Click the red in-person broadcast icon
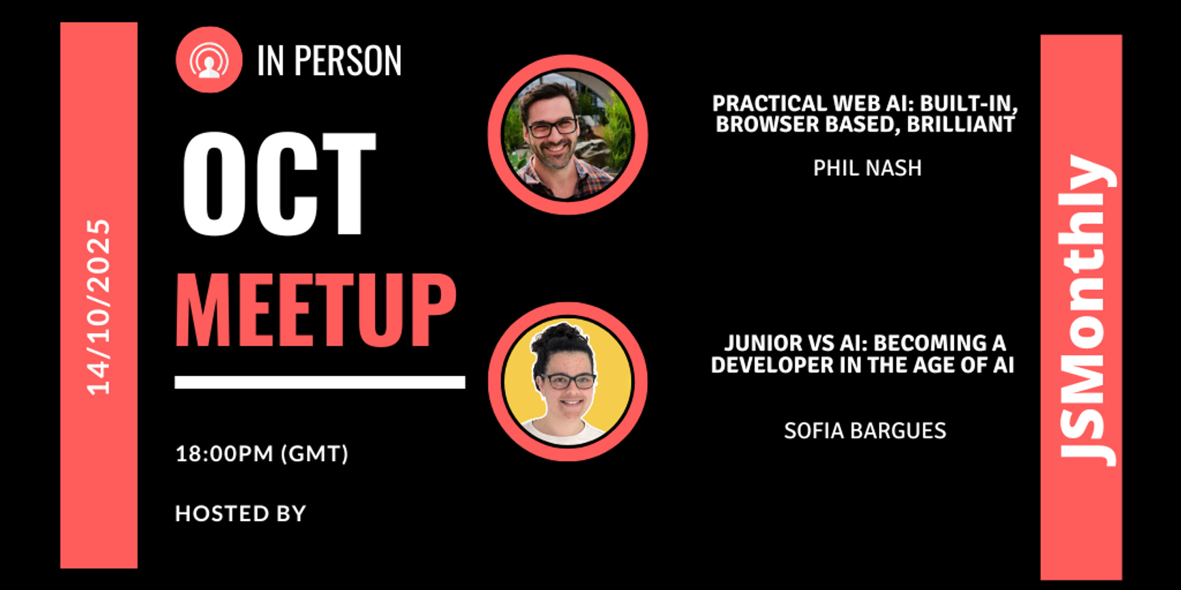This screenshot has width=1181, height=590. (209, 59)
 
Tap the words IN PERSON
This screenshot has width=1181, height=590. (329, 61)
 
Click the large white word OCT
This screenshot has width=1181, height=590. (279, 184)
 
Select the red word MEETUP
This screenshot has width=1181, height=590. (316, 311)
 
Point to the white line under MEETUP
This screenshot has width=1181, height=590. (320, 382)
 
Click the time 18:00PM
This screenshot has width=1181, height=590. (225, 453)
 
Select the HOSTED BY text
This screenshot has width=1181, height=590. (241, 514)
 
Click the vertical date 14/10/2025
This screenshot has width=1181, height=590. (98, 307)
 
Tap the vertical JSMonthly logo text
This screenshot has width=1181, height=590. (1086, 311)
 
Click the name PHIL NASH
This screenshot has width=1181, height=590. (867, 168)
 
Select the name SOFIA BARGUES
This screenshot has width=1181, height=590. (865, 431)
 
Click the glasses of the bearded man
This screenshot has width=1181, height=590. (552, 127)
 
